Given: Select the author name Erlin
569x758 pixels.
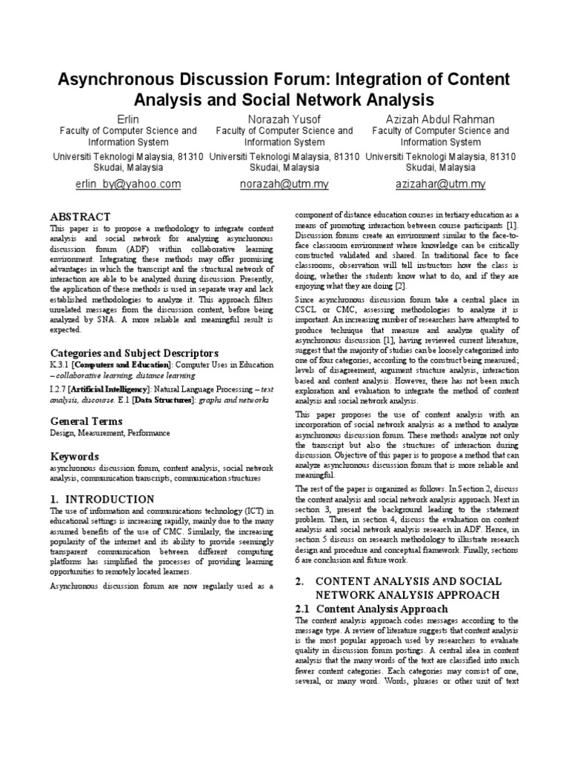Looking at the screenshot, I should tap(128, 118).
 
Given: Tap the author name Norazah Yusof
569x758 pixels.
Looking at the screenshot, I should tap(284, 118).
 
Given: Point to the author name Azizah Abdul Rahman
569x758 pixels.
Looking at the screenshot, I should tap(440, 118).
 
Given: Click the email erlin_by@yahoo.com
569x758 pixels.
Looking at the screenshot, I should tap(128, 184).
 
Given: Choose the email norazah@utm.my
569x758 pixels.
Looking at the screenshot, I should tap(284, 184).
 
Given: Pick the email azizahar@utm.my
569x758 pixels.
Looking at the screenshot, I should tap(440, 184).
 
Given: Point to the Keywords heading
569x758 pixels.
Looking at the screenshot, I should tap(74, 456).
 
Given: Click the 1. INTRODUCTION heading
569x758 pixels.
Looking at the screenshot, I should tap(102, 499).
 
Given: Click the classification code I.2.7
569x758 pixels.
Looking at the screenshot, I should tap(59, 389).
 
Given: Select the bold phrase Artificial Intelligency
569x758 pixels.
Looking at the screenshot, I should tap(111, 389).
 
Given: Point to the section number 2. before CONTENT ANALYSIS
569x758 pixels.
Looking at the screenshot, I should tap(299, 581).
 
